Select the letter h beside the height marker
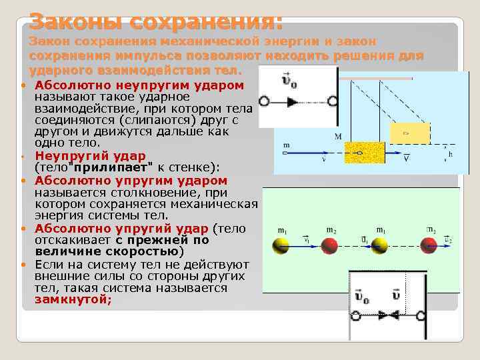tap(451, 154)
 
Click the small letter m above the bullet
tap(286, 144)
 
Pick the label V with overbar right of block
tap(406, 159)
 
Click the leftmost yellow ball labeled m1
tap(280, 246)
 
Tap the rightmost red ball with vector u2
tap(429, 246)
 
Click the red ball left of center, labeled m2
tap(329, 246)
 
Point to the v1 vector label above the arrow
tap(305, 238)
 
